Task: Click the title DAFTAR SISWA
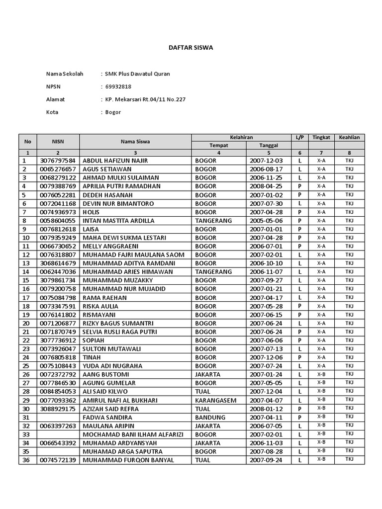(x=191, y=48)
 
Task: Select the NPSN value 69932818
(x=119, y=86)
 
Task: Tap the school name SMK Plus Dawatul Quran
(x=137, y=74)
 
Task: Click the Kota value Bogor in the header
(x=113, y=112)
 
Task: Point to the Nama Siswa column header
(x=135, y=142)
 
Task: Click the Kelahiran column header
(x=241, y=137)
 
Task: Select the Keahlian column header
(x=349, y=137)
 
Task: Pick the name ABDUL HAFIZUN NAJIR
(x=115, y=161)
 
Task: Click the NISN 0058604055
(x=58, y=221)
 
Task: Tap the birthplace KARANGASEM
(x=215, y=400)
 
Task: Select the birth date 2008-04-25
(x=266, y=186)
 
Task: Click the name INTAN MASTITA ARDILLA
(x=118, y=221)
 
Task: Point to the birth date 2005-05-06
(x=266, y=221)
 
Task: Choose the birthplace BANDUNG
(x=211, y=418)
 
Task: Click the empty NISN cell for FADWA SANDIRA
(x=58, y=418)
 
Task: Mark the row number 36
(x=26, y=460)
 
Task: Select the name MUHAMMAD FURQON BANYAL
(x=128, y=460)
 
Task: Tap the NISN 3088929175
(x=58, y=409)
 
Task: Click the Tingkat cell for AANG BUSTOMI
(x=321, y=374)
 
